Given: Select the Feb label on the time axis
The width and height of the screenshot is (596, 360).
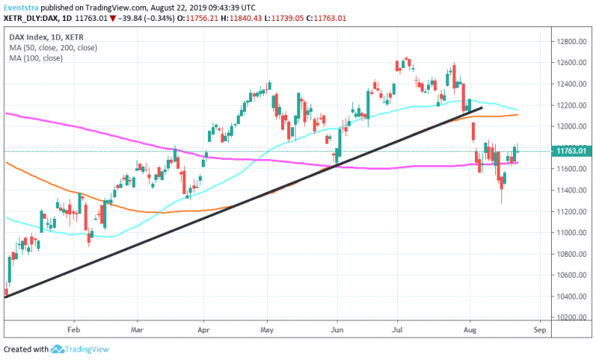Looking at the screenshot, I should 74,330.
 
